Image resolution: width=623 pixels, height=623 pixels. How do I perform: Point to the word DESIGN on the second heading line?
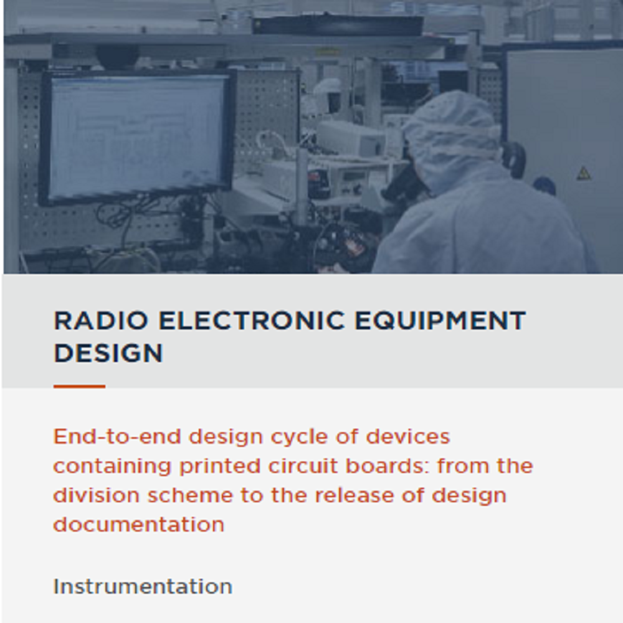[x=108, y=353]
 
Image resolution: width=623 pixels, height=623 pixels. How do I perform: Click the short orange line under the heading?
[x=79, y=387]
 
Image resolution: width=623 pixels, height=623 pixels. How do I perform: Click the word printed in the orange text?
[x=209, y=467]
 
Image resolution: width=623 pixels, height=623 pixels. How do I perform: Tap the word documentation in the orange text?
[x=138, y=525]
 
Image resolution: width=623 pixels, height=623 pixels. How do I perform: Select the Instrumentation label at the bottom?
[x=143, y=586]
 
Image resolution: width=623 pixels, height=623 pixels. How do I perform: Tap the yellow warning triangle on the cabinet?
[x=584, y=173]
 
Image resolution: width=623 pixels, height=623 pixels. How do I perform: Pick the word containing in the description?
[x=112, y=467]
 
